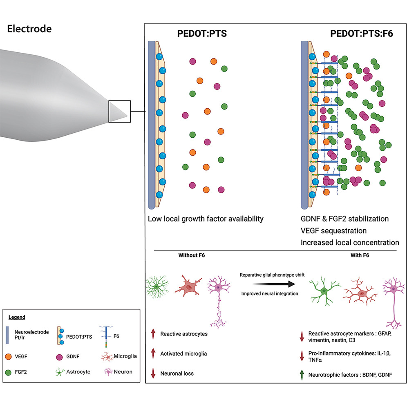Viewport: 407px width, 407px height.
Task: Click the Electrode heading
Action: [x=29, y=29]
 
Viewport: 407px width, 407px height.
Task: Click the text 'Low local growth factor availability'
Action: [x=206, y=219]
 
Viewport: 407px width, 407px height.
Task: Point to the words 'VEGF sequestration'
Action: [x=334, y=230]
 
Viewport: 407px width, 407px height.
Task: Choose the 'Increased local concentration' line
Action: [x=350, y=242]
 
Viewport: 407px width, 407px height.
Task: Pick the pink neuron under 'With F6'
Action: [x=393, y=298]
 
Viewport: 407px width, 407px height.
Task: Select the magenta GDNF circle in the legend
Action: [x=58, y=356]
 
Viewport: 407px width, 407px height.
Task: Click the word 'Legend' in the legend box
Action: [x=17, y=317]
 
